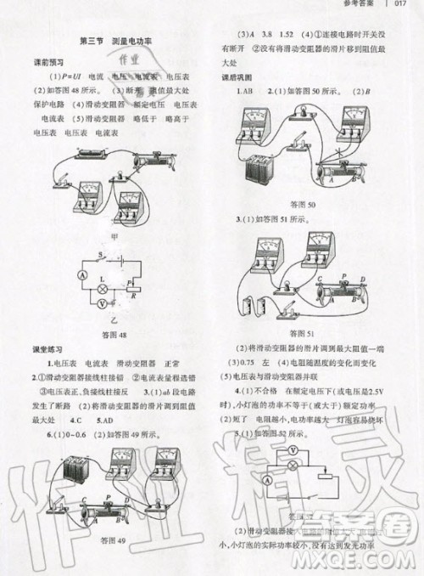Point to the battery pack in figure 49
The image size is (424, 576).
pyautogui.click(x=71, y=472)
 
